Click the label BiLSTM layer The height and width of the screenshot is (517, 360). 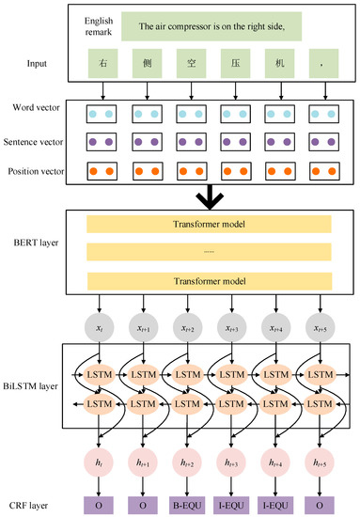click(x=36, y=385)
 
